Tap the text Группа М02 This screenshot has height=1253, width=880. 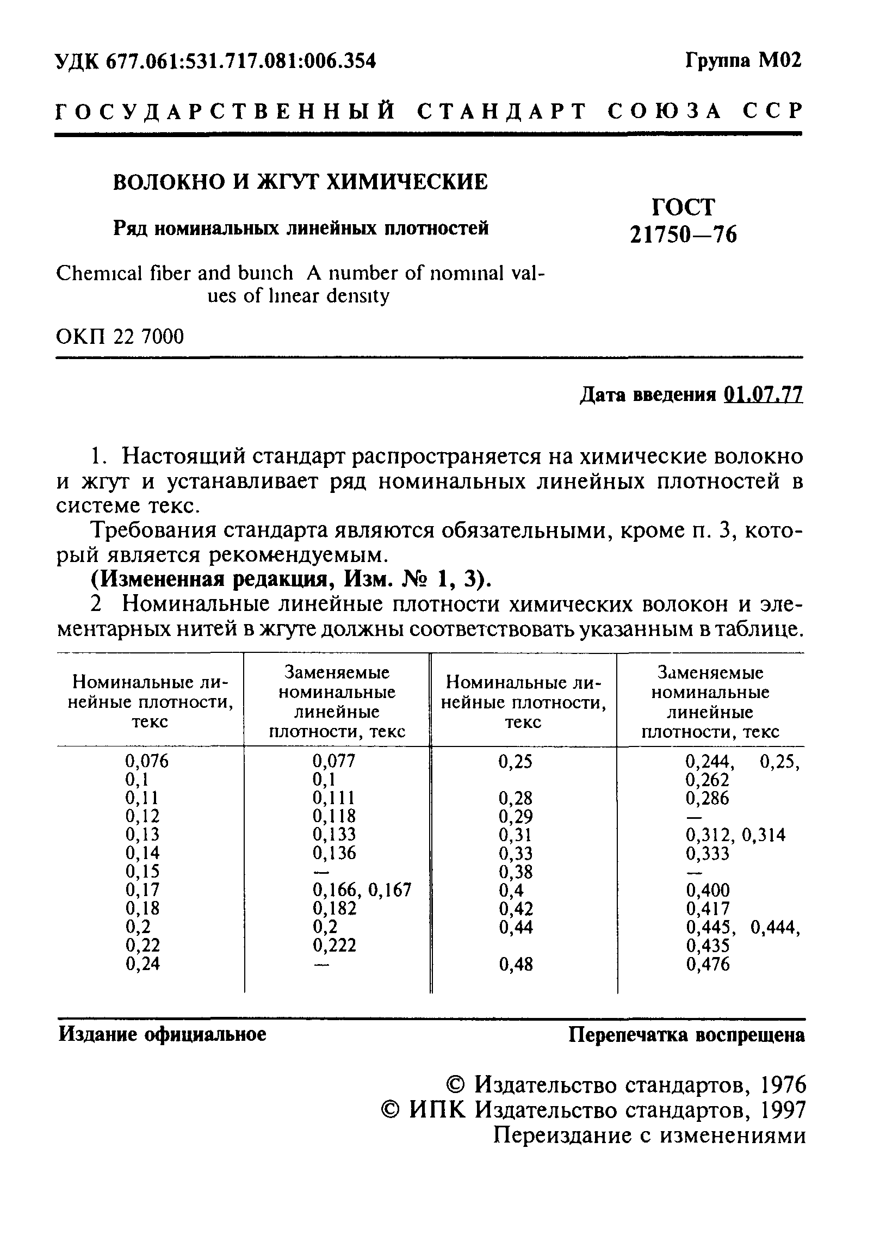743,60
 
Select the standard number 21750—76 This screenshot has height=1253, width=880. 683,234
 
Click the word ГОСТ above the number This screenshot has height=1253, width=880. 683,207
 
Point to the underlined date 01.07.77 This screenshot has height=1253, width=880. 763,394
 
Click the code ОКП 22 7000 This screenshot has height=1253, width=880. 120,337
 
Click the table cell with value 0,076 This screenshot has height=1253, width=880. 147,761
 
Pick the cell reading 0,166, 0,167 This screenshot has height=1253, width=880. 362,890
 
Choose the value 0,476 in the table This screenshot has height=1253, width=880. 708,964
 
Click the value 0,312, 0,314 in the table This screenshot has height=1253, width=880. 735,835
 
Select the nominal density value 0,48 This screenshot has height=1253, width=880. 516,964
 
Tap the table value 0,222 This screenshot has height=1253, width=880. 334,945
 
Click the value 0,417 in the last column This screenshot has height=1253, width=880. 708,909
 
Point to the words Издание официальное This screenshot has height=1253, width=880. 163,1034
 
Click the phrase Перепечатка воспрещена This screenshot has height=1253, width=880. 686,1035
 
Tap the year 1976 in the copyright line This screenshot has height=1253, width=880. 782,1084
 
